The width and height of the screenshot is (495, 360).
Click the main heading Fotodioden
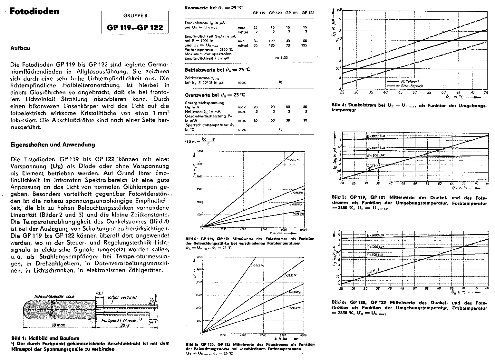pos(34,12)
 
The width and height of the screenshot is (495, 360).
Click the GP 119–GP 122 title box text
pos(135,28)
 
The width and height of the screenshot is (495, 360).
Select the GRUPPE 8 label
pos(135,16)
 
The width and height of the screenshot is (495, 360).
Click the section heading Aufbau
pos(20,48)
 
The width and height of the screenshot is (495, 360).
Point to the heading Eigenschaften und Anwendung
pos(53,145)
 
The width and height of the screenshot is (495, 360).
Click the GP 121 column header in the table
pos(291,13)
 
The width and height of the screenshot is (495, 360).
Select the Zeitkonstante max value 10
pos(280,82)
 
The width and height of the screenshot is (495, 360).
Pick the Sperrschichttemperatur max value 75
pos(280,129)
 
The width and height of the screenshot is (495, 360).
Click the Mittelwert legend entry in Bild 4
pos(409,82)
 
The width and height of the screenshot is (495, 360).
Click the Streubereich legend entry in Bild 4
pos(412,86)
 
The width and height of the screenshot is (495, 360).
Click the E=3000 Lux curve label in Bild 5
pos(376,136)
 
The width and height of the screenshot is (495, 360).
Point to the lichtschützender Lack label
pos(54,296)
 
